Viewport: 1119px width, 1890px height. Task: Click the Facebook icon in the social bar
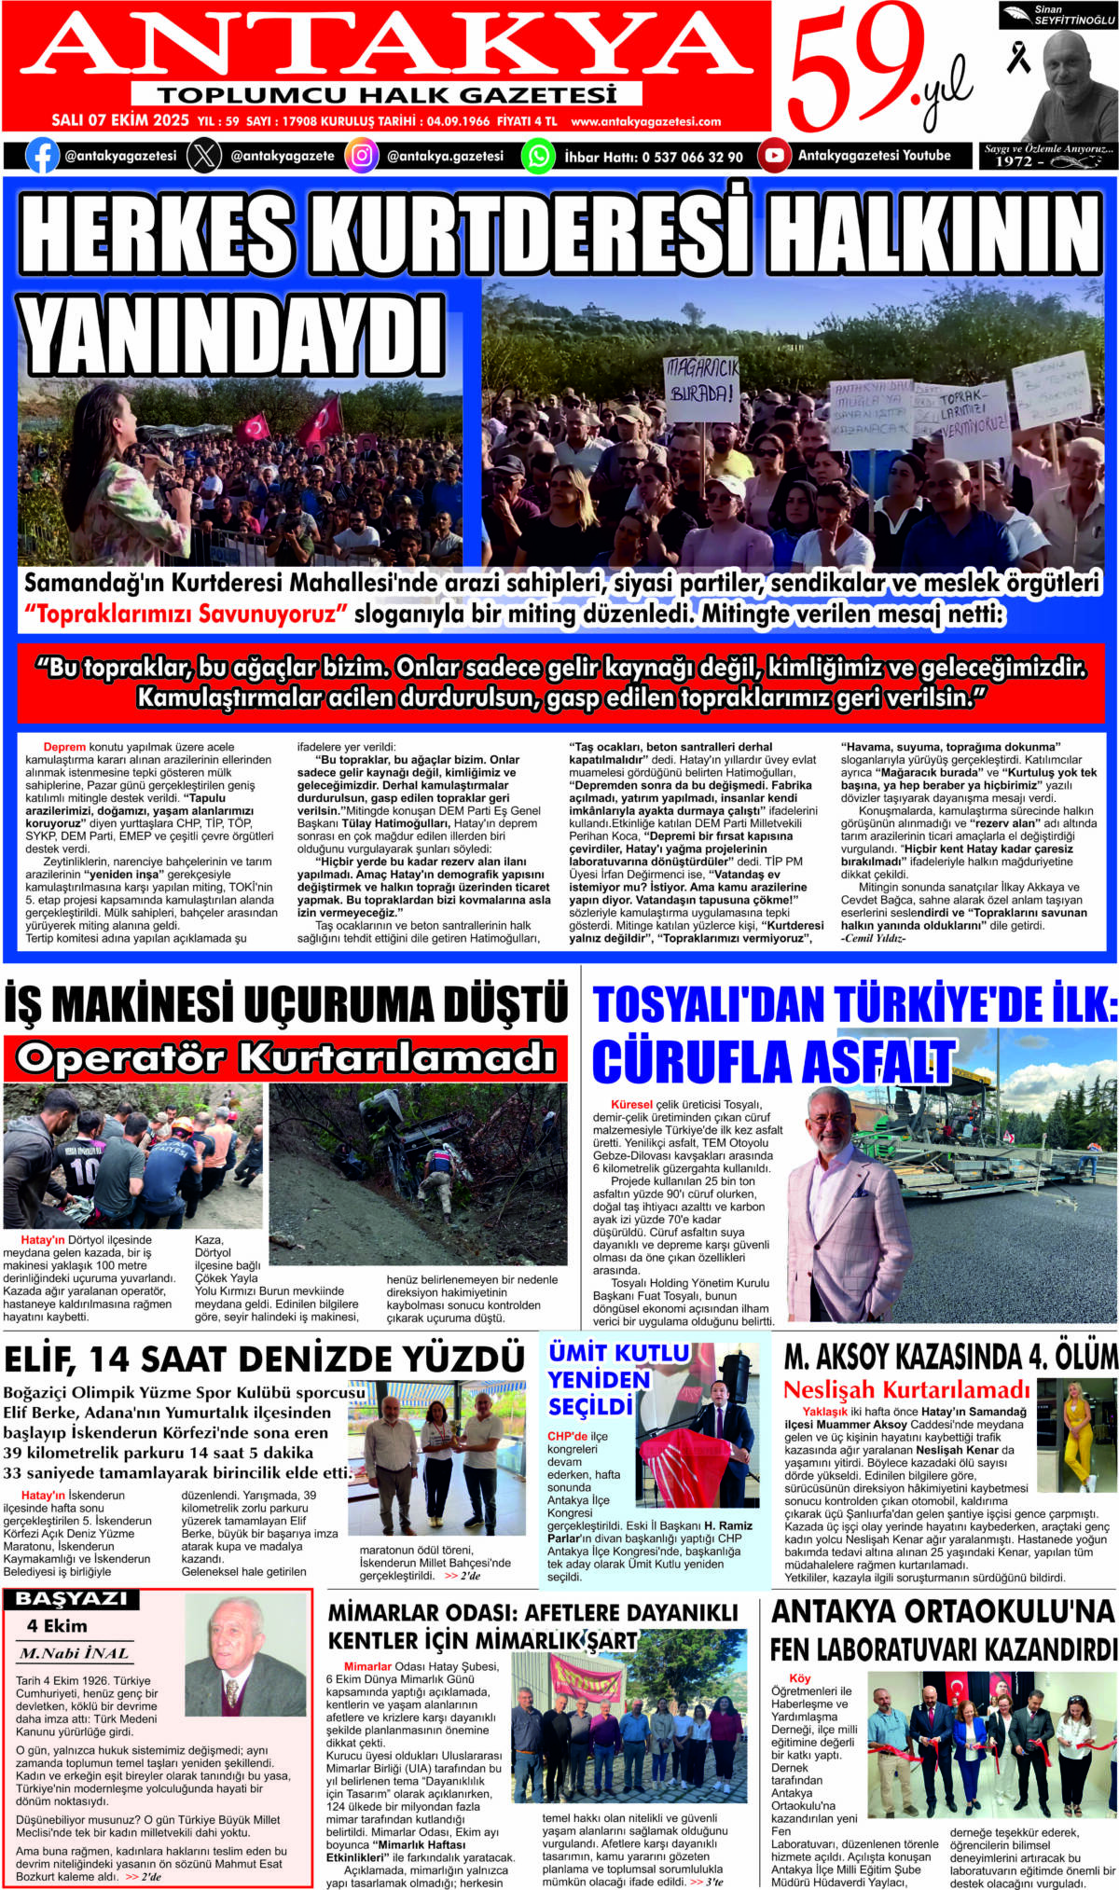(x=42, y=156)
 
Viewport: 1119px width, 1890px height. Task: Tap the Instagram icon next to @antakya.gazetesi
(x=362, y=156)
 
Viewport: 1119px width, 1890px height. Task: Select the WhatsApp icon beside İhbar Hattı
(x=538, y=156)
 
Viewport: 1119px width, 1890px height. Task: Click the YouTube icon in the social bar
(x=774, y=156)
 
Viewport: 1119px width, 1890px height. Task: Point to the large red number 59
(x=853, y=70)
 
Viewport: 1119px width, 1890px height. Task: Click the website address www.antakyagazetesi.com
(x=645, y=121)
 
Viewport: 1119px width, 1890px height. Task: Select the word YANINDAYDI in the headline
(x=231, y=336)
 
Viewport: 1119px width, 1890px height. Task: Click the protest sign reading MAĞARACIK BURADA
(x=701, y=380)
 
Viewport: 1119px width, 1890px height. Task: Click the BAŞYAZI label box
(x=71, y=1598)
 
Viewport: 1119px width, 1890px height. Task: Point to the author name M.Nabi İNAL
(x=75, y=1653)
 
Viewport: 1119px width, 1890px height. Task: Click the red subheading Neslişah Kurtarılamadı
(x=906, y=1389)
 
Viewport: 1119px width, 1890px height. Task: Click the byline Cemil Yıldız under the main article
(x=873, y=938)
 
